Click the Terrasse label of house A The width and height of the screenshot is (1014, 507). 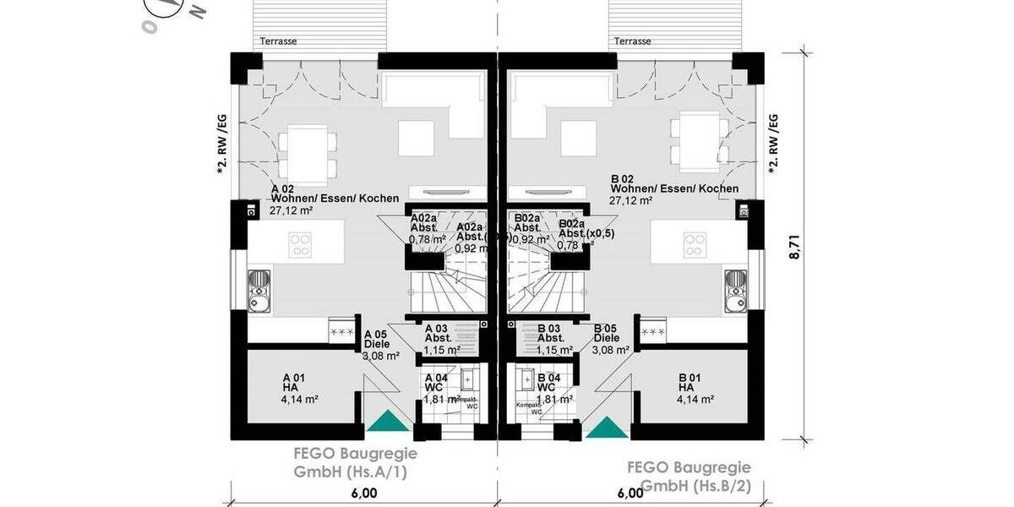coord(278,41)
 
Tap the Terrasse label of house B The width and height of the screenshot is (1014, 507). coord(632,41)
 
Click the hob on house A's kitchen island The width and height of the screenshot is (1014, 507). coord(301,245)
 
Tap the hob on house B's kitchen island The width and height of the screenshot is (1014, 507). coord(695,245)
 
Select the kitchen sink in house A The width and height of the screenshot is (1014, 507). coord(259,288)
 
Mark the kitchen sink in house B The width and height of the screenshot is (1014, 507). coord(735,288)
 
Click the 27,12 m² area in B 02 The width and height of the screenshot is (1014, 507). coord(630,201)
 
